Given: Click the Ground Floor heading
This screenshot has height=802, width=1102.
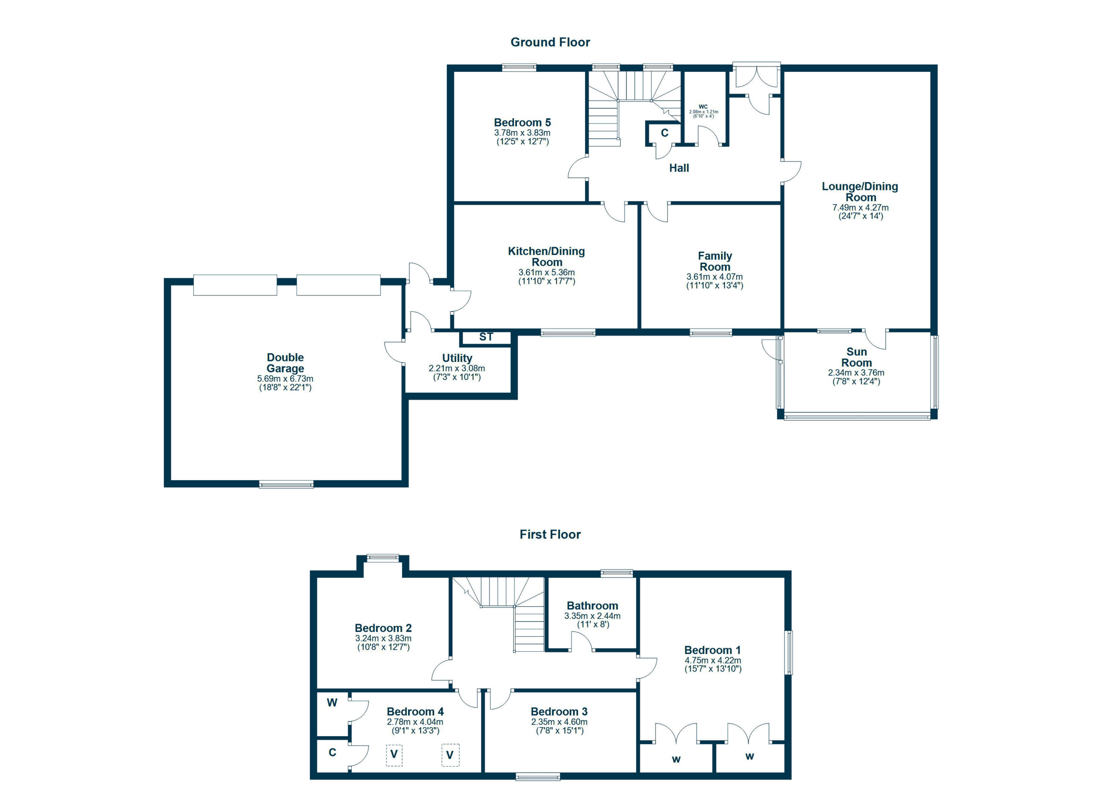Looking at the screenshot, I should [550, 42].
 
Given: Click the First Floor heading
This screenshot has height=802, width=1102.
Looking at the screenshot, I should [550, 535].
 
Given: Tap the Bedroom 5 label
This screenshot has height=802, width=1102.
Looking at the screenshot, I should [522, 122].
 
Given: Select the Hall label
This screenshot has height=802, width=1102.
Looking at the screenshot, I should [679, 168].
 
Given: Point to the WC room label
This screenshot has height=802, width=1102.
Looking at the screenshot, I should [703, 106].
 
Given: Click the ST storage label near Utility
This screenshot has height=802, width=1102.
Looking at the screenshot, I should [486, 337].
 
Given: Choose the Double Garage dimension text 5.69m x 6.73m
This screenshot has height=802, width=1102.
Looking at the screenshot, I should [285, 379].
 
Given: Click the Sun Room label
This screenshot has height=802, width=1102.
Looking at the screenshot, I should [856, 357].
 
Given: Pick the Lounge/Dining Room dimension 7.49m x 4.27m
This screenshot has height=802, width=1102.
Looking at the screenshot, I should [860, 208].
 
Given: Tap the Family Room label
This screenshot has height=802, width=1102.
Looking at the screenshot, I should [715, 261].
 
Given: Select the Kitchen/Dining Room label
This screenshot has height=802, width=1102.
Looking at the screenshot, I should [547, 257].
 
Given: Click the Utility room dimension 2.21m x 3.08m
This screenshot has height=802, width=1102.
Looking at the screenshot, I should [457, 368].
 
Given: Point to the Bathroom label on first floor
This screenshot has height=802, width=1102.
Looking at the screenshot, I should [592, 606].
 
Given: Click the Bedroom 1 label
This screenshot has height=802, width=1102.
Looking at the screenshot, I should [712, 650].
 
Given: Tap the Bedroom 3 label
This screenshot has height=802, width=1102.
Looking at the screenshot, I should [559, 712].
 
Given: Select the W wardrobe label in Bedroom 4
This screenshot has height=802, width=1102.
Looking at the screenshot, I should [332, 703].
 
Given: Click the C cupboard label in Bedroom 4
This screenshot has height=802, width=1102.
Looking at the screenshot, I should [332, 752].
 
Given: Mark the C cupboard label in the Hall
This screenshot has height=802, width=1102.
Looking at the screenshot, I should [665, 133].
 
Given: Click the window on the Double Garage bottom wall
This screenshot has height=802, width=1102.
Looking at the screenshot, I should [286, 484].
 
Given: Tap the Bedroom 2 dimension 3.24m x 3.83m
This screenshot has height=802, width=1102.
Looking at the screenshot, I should [384, 639].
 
